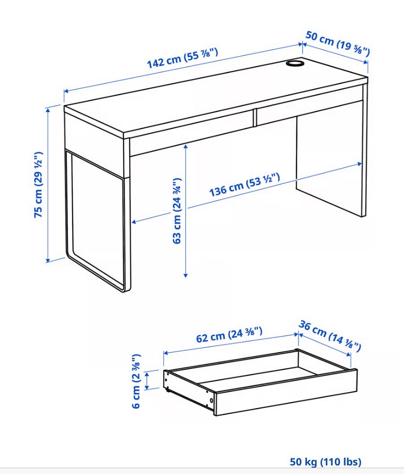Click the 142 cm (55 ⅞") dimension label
pos(182,58)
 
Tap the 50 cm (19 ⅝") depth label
pos(337,43)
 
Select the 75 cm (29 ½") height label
pos(38,185)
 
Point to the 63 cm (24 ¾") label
pos(177,210)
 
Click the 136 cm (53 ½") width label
pos(245,185)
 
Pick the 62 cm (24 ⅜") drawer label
pos(229,335)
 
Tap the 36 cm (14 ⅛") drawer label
pos(330,336)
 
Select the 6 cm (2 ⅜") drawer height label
pos(137,381)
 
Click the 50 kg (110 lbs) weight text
pos(325,462)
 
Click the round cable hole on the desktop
pos(295,63)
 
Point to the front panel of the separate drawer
pos(286,392)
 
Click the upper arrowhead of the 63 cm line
pos(185,146)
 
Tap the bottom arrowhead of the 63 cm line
pos(185,275)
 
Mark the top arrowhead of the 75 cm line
pos(48,110)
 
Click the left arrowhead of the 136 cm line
pos(134,222)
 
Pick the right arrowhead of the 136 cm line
pos(360,164)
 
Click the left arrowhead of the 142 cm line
pos(66,91)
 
